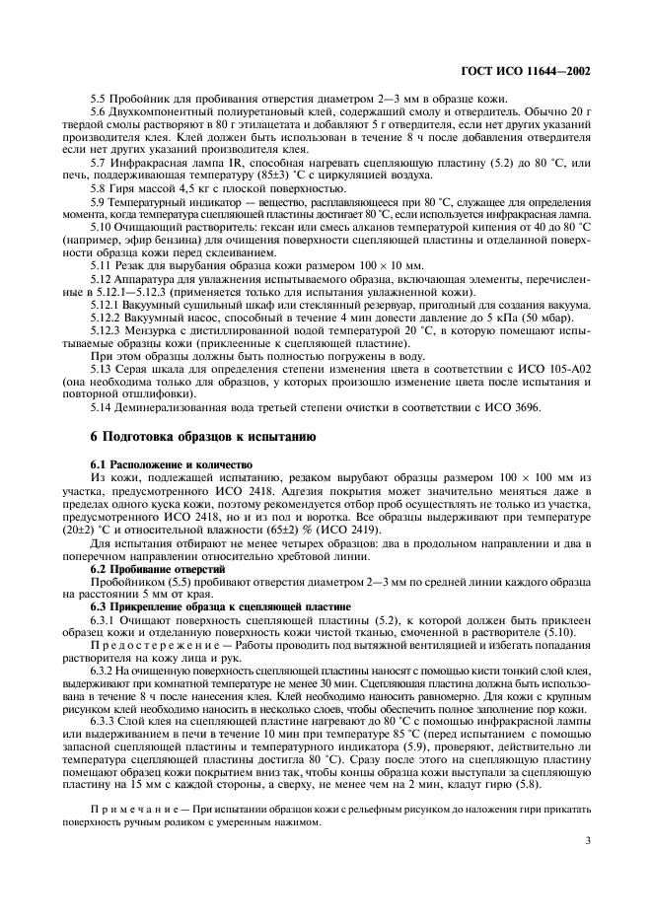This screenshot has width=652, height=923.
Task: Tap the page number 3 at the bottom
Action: coord(588,842)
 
